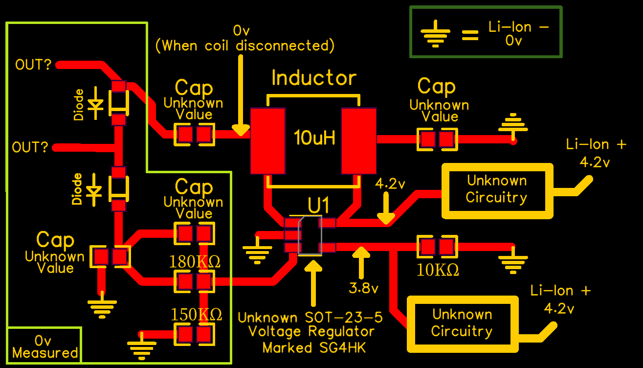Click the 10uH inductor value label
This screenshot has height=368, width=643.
(x=315, y=138)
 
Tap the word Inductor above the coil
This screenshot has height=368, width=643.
(x=314, y=78)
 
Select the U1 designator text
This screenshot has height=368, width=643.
(x=319, y=205)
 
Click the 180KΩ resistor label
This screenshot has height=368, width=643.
(x=195, y=262)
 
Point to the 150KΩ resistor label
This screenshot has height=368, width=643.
(x=196, y=314)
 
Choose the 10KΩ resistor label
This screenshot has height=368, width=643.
(x=438, y=270)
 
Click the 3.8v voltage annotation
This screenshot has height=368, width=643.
(x=364, y=289)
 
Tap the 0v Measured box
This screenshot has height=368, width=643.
(x=44, y=346)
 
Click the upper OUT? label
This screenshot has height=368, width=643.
(x=33, y=65)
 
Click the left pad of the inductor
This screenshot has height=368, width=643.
(x=267, y=141)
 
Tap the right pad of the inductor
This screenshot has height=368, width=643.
(x=359, y=141)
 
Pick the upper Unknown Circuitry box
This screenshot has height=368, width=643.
(x=497, y=190)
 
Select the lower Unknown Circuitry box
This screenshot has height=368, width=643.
(x=462, y=323)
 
